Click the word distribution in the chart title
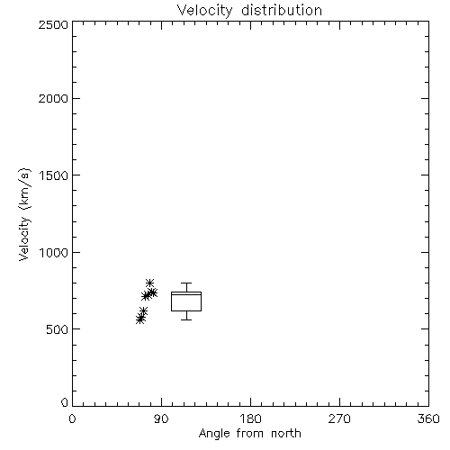click(282, 11)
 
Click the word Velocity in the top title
click(205, 11)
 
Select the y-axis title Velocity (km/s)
click(24, 214)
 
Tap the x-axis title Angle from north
click(249, 434)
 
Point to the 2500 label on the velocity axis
click(53, 24)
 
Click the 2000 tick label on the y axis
click(53, 98)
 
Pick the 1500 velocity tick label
click(54, 175)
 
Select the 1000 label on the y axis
click(54, 252)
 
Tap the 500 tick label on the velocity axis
click(58, 329)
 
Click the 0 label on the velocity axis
click(65, 402)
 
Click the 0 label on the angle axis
click(72, 418)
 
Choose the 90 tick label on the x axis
click(161, 418)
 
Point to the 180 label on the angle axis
click(251, 418)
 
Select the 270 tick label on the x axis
click(339, 418)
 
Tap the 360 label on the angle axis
click(428, 418)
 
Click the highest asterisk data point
click(150, 283)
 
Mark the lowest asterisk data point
click(139, 319)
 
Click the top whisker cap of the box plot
click(186, 283)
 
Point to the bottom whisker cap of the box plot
click(186, 319)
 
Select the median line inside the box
click(186, 294)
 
